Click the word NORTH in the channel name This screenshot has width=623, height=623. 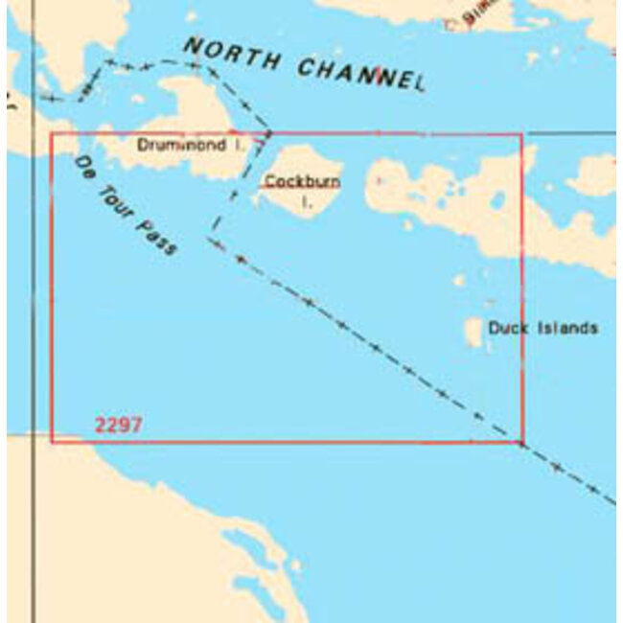pos(231,55)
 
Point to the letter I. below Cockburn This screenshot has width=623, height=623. pos(307,201)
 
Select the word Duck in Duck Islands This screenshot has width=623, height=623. pos(509,328)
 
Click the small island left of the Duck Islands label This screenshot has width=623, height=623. pos(473,333)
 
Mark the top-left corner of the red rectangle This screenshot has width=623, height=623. pos(52,134)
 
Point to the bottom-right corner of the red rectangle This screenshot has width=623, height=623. pos(522,442)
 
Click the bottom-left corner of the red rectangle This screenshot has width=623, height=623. pos(52,442)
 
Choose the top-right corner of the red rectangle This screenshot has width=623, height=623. pos(522,134)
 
